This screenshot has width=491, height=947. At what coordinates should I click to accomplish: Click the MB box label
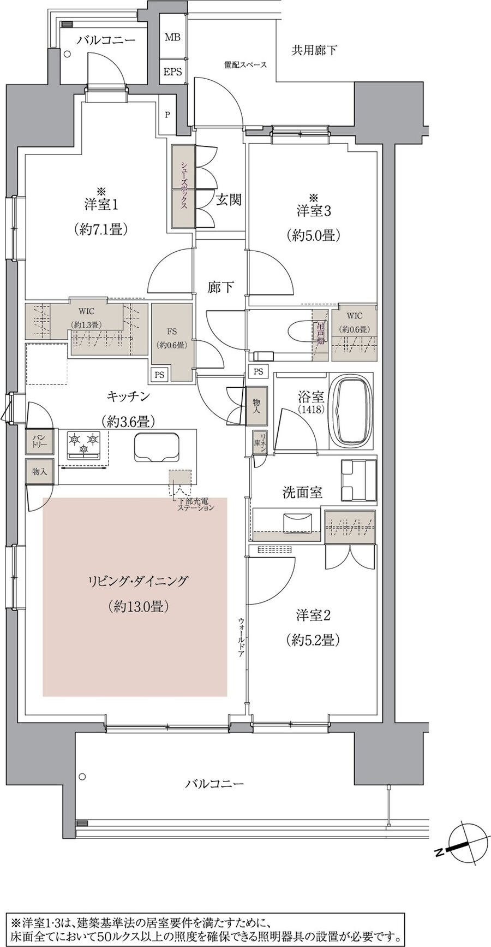click(x=173, y=38)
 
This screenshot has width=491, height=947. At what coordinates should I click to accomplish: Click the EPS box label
click(x=173, y=72)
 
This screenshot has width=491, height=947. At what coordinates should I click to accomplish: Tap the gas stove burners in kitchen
click(x=84, y=443)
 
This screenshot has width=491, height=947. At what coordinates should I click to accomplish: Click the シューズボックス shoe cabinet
click(x=183, y=187)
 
